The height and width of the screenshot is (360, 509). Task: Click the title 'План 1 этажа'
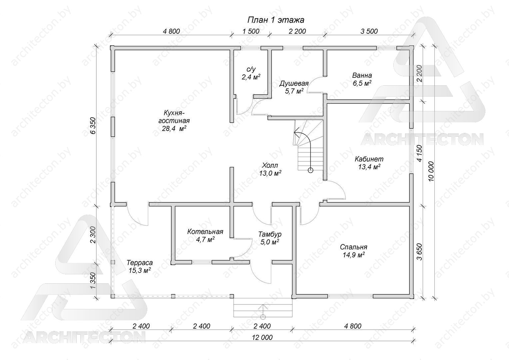pyautogui.click(x=275, y=20)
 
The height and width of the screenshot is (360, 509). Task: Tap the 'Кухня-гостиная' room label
pyautogui.click(x=174, y=117)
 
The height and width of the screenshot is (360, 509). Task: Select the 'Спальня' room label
pyautogui.click(x=353, y=247)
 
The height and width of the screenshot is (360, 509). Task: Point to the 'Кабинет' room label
pyautogui.click(x=369, y=159)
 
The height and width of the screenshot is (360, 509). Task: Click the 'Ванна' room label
pyautogui.click(x=362, y=75)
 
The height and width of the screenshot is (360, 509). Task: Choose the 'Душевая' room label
pyautogui.click(x=294, y=83)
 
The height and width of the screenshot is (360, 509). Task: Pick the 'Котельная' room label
pyautogui.click(x=205, y=232)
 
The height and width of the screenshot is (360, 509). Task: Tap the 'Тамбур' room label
pyautogui.click(x=270, y=234)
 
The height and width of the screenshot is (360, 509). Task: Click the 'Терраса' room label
pyautogui.click(x=140, y=263)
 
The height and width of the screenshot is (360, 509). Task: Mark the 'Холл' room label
pyautogui.click(x=270, y=165)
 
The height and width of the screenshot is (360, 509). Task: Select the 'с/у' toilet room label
pyautogui.click(x=251, y=69)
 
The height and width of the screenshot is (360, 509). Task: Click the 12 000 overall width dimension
pyautogui.click(x=262, y=337)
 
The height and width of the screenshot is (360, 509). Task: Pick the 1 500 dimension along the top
pyautogui.click(x=251, y=31)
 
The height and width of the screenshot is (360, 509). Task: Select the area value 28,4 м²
pyautogui.click(x=174, y=128)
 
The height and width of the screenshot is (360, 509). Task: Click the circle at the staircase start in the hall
pyautogui.click(x=310, y=170)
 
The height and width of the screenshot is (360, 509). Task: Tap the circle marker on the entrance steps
pyautogui.click(x=263, y=317)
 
